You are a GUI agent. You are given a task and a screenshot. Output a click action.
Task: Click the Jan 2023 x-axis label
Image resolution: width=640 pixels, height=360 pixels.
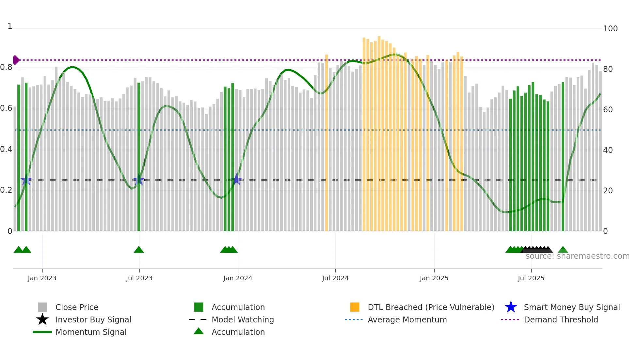click(x=42, y=278)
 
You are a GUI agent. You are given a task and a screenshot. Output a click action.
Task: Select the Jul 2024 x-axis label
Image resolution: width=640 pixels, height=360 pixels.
click(x=335, y=278)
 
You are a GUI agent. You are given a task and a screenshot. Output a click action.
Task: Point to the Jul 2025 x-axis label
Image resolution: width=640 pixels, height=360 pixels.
click(x=531, y=278)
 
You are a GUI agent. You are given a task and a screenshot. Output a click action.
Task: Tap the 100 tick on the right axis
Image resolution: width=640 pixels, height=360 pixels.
click(x=610, y=29)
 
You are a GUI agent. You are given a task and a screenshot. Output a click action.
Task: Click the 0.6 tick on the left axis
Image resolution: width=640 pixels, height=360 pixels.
click(x=6, y=108)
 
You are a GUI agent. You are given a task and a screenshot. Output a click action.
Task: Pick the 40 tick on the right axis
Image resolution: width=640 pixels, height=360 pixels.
click(x=608, y=150)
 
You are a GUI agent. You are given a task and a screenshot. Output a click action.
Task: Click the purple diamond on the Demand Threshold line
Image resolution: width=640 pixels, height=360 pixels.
click(x=16, y=60)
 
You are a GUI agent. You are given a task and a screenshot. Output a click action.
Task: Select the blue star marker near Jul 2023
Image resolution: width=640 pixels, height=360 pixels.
click(x=139, y=180)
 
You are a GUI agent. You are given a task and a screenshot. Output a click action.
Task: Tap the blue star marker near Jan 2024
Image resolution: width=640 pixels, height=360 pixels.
click(x=236, y=179)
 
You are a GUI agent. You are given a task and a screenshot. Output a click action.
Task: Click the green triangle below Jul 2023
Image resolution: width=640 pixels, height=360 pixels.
click(x=139, y=250)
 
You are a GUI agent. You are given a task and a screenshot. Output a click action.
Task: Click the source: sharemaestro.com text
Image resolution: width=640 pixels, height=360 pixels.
click(x=577, y=256)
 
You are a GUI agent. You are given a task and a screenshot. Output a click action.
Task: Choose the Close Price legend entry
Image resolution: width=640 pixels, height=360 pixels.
click(x=77, y=307)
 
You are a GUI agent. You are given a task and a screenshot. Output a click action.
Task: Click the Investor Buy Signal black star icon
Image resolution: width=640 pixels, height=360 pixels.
click(x=42, y=319)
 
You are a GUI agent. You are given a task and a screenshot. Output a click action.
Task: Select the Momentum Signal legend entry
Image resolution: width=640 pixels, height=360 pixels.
click(x=91, y=332)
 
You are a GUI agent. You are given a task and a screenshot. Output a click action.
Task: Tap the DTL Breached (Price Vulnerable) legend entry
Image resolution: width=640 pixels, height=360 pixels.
click(x=431, y=307)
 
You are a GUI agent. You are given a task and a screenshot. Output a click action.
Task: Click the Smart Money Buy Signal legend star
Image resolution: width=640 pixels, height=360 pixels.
click(x=511, y=307)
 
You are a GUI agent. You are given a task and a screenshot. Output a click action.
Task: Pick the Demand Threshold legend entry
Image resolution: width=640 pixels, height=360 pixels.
click(x=561, y=319)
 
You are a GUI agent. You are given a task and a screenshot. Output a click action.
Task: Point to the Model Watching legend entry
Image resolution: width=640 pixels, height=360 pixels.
click(x=243, y=319)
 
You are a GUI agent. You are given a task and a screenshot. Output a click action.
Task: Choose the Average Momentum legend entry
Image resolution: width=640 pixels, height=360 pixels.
click(x=407, y=319)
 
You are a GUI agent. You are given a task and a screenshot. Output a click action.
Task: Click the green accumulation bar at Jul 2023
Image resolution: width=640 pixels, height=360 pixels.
click(x=139, y=157)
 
